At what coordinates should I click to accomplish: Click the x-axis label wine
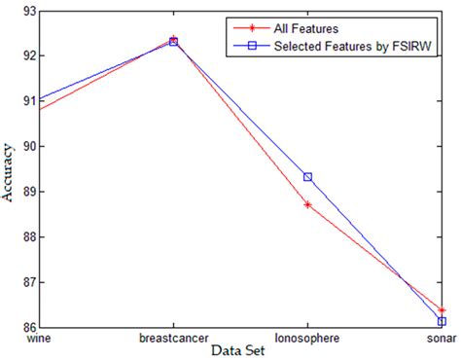pyautogui.click(x=39, y=339)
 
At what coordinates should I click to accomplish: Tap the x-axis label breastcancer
pyautogui.click(x=173, y=339)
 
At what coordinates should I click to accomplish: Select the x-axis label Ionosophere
pyautogui.click(x=307, y=339)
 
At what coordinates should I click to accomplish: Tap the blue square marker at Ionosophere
pyautogui.click(x=307, y=177)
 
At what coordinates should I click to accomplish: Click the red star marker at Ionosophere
pyautogui.click(x=307, y=204)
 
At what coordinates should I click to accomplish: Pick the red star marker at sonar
pyautogui.click(x=442, y=309)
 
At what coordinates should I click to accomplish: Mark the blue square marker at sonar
pyautogui.click(x=442, y=321)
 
